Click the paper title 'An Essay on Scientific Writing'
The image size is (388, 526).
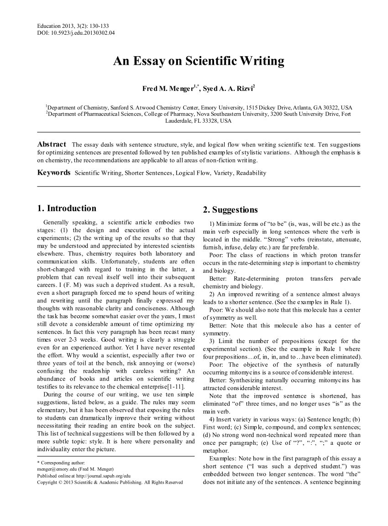tap(199, 61)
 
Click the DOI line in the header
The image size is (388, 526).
tap(76, 33)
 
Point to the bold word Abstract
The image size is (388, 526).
tap(52, 144)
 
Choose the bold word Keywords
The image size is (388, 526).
tap(54, 173)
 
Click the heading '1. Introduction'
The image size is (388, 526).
tap(67, 208)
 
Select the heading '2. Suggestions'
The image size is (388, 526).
tap(231, 210)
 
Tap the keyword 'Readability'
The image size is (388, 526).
tap(251, 173)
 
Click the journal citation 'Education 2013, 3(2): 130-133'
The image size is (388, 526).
tap(73, 26)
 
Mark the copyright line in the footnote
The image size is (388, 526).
tap(110, 482)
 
